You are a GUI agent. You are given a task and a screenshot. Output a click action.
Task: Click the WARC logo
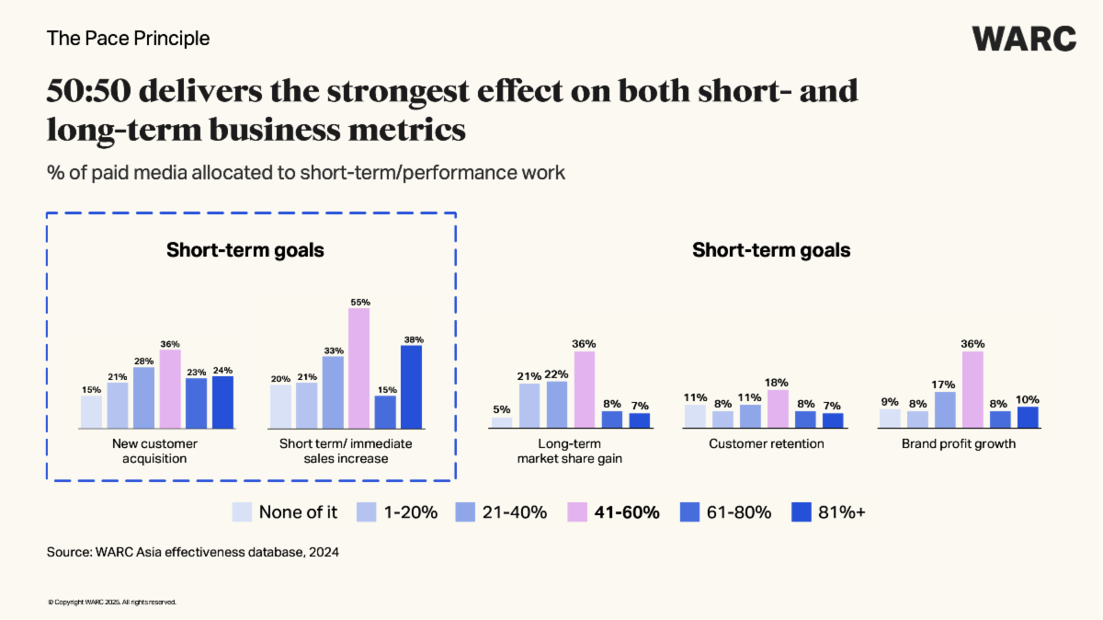pyautogui.click(x=1024, y=39)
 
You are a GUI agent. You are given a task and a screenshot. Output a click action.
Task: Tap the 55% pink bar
pyautogui.click(x=358, y=368)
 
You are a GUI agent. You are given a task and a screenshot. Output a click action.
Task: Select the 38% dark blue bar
pyautogui.click(x=411, y=386)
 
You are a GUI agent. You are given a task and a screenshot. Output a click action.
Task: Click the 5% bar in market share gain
pyautogui.click(x=501, y=423)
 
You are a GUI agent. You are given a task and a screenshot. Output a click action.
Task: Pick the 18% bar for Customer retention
pyautogui.click(x=778, y=409)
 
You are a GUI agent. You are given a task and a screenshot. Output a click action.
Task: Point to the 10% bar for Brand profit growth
pyautogui.click(x=1027, y=418)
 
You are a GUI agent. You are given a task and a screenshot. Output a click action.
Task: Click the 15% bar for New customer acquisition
pyautogui.click(x=91, y=412)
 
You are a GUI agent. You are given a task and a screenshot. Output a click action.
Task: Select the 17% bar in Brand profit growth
pyautogui.click(x=945, y=410)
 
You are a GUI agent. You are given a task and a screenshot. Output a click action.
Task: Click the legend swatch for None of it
pyautogui.click(x=242, y=512)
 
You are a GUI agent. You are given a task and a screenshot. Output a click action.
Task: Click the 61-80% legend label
pyautogui.click(x=738, y=512)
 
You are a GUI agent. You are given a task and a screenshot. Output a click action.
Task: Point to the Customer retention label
pyautogui.click(x=767, y=444)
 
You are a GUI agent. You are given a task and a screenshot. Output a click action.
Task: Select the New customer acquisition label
pyautogui.click(x=155, y=451)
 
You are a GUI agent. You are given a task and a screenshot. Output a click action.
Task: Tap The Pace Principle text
pyautogui.click(x=128, y=39)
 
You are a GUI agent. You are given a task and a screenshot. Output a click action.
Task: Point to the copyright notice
pyautogui.click(x=111, y=603)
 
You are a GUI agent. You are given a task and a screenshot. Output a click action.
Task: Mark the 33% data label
pyautogui.click(x=333, y=350)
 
